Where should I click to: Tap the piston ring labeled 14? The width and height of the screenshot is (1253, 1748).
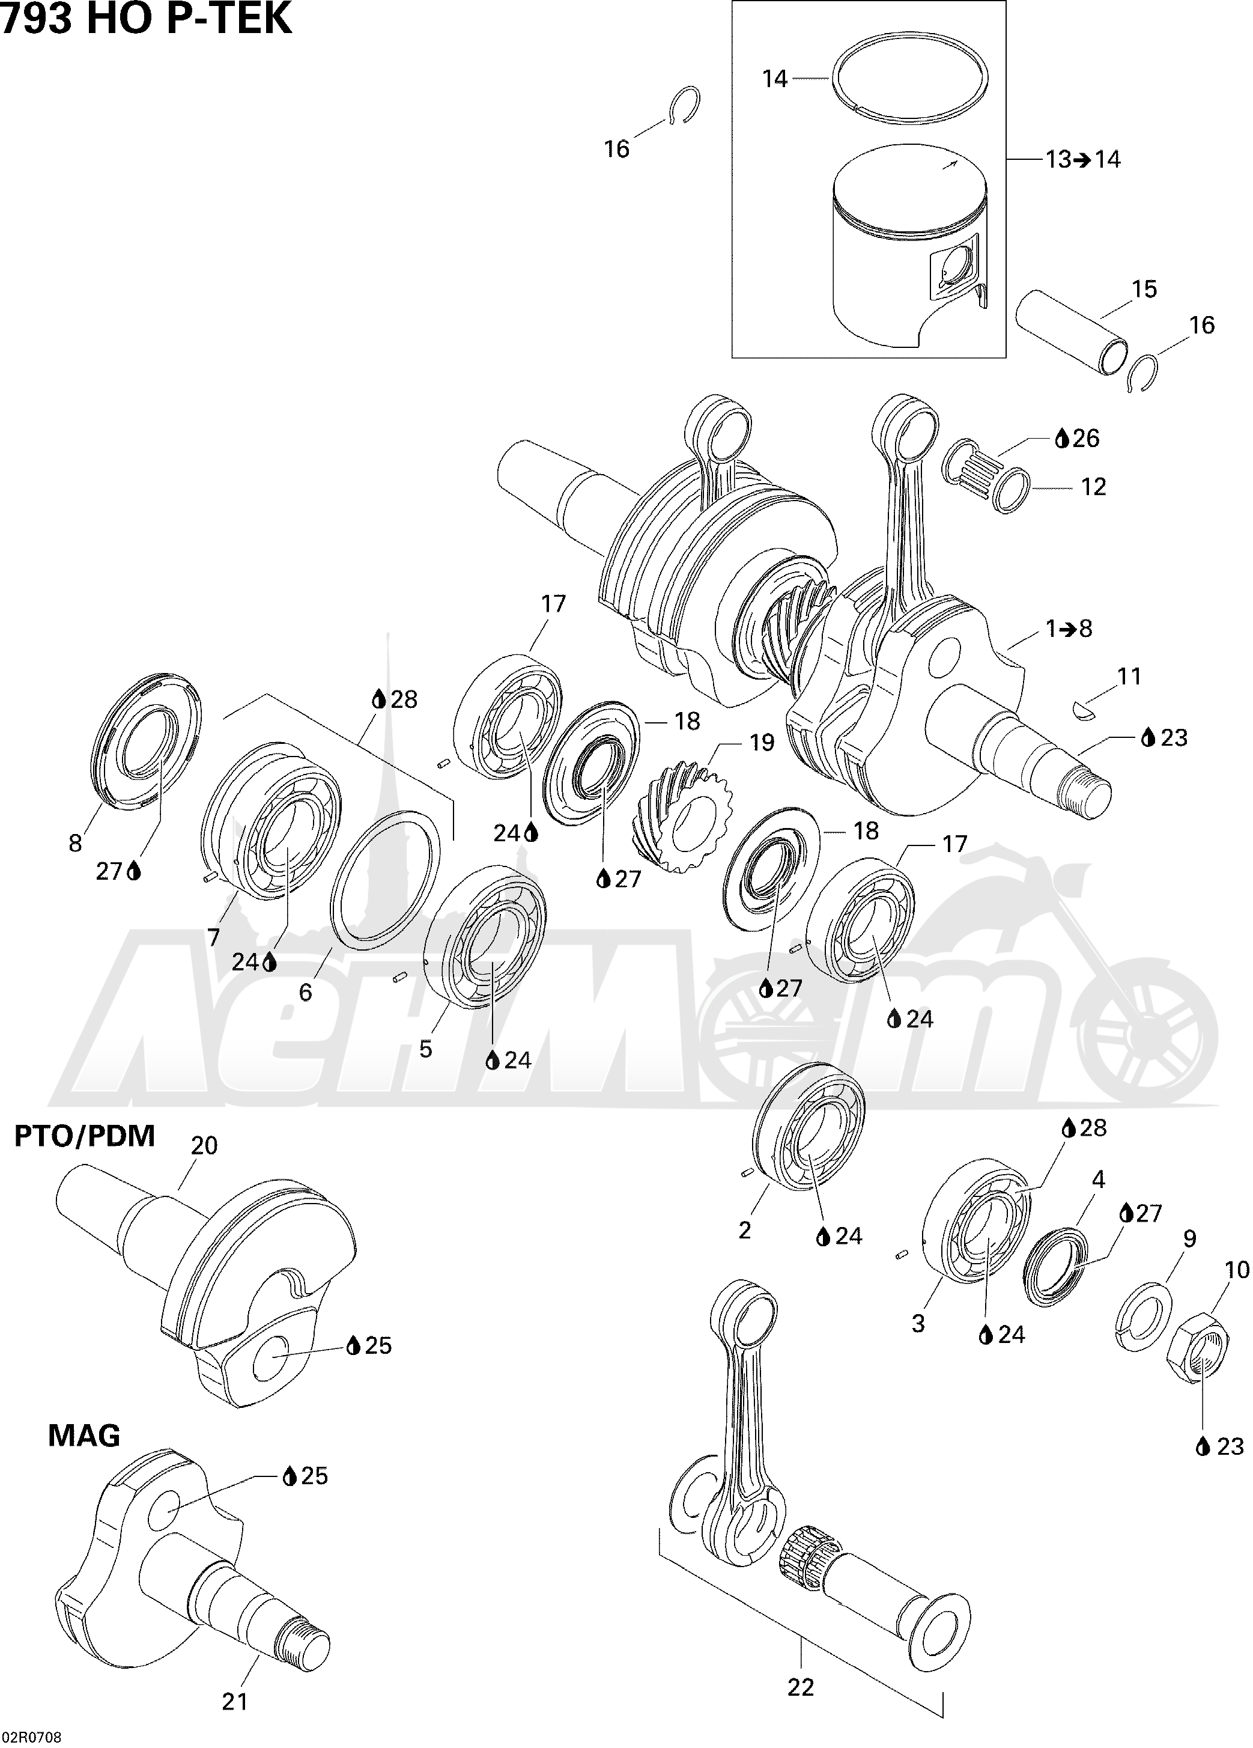click(x=909, y=76)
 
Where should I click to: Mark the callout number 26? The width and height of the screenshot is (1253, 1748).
click(x=1085, y=438)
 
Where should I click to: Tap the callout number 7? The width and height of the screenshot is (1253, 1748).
click(x=213, y=937)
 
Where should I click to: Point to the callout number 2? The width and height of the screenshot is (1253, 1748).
click(x=744, y=1230)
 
